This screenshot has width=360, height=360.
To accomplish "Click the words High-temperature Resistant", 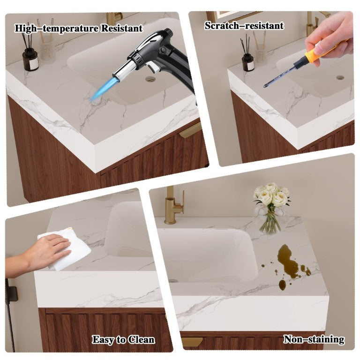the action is pyautogui.click(x=79, y=29).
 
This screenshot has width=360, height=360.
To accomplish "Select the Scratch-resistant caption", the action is pyautogui.click(x=244, y=25).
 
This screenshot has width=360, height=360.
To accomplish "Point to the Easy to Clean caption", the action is pyautogui.click(x=124, y=340).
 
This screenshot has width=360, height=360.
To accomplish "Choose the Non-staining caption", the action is pyautogui.click(x=314, y=339).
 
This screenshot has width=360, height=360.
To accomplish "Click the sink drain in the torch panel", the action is pyautogui.click(x=150, y=79).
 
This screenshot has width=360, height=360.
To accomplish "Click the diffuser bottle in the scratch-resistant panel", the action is pyautogui.click(x=248, y=62).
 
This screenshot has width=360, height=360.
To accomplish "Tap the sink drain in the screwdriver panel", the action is pyautogui.click(x=340, y=77).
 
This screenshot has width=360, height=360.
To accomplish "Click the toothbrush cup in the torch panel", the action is pyautogui.click(x=47, y=51).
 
